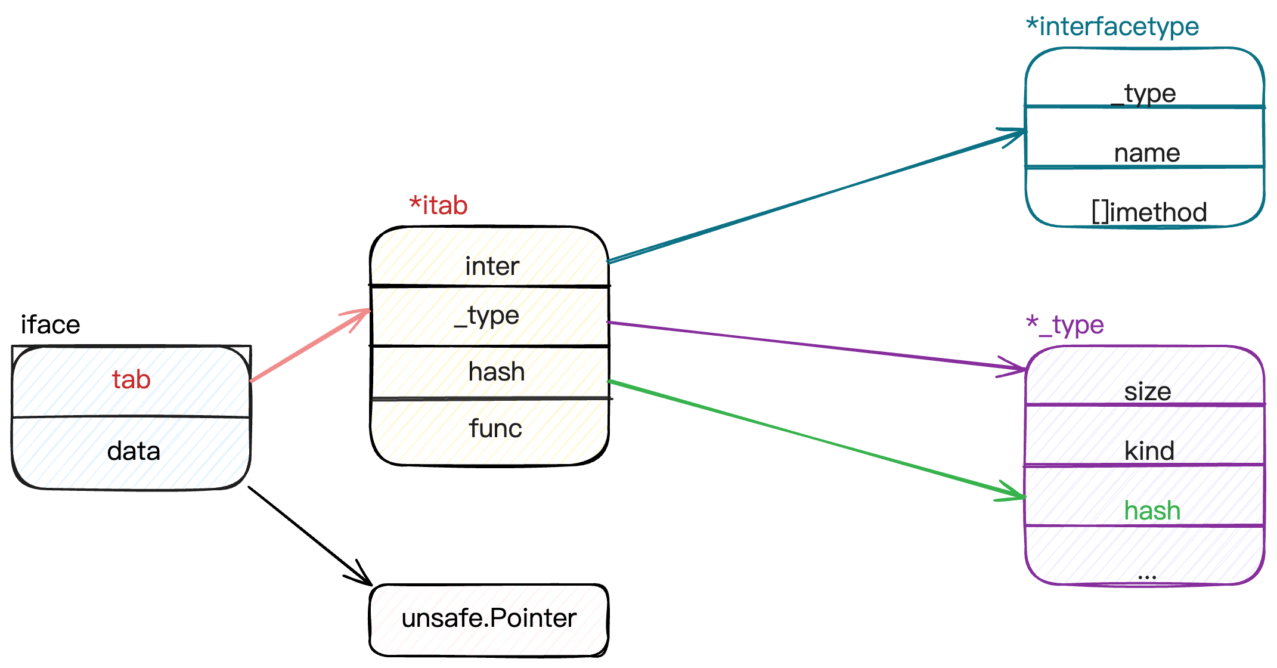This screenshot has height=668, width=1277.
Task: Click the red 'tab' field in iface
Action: (x=131, y=379)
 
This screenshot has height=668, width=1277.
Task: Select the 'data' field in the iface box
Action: (x=134, y=451)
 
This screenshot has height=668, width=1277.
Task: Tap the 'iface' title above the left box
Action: (x=50, y=324)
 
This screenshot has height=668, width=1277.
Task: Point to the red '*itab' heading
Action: (x=438, y=205)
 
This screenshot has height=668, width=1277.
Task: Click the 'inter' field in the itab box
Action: (x=492, y=266)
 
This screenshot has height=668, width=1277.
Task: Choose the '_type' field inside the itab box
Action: (x=486, y=316)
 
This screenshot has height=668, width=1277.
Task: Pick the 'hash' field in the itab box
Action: (x=496, y=372)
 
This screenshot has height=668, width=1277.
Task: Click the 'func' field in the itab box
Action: (x=495, y=428)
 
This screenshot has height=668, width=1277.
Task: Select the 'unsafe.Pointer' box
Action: (x=489, y=620)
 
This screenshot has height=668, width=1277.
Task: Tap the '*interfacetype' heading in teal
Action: (x=1112, y=26)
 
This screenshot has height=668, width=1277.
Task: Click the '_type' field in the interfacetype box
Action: (x=1143, y=94)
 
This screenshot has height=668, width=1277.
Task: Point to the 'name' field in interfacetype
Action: (x=1147, y=153)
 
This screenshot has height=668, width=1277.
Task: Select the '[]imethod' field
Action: (x=1149, y=212)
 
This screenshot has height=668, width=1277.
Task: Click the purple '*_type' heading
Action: (x=1065, y=325)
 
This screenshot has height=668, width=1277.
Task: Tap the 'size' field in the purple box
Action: (x=1148, y=392)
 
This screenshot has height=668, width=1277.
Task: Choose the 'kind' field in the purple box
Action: (x=1149, y=451)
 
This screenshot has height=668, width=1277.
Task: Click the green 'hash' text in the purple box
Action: (x=1152, y=511)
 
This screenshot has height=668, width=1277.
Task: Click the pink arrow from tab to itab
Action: (x=310, y=345)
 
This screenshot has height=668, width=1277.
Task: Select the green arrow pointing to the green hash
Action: (x=817, y=440)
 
